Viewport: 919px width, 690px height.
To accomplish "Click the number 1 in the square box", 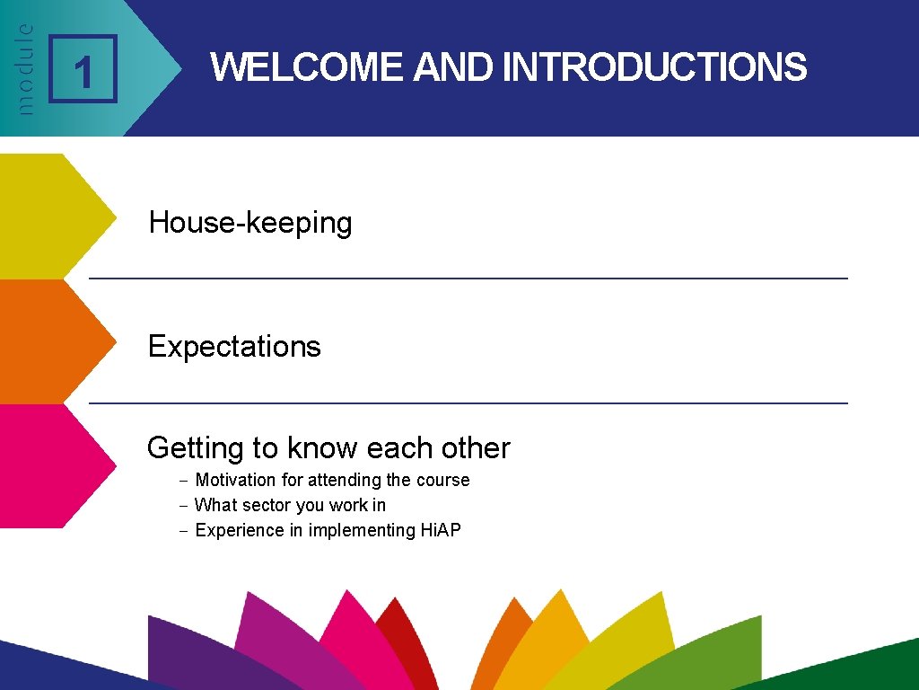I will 83,70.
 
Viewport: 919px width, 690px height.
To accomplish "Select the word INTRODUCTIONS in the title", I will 654,67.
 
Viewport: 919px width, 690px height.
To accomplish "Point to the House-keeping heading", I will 250,222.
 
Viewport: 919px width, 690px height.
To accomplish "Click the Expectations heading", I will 234,346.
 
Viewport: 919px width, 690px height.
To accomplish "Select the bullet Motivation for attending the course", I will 332,480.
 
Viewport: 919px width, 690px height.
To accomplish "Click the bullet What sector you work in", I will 290,505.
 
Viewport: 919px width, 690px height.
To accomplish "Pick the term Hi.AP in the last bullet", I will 440,530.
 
